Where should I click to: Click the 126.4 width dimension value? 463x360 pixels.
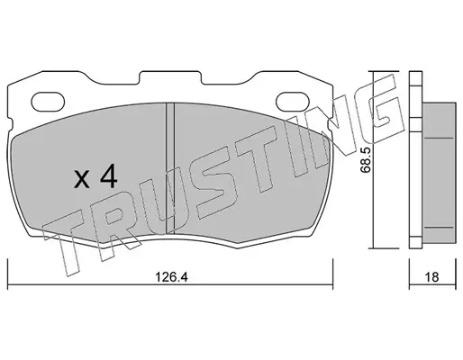coord(171,277)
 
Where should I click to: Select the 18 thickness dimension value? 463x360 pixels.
coord(432,277)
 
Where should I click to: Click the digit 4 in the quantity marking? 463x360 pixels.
coord(108,177)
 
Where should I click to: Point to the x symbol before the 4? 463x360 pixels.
coord(82,180)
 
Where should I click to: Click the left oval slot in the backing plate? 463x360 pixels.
coord(48,101)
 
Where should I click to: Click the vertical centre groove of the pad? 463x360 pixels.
coord(170,168)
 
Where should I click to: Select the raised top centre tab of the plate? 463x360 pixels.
coord(170,77)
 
